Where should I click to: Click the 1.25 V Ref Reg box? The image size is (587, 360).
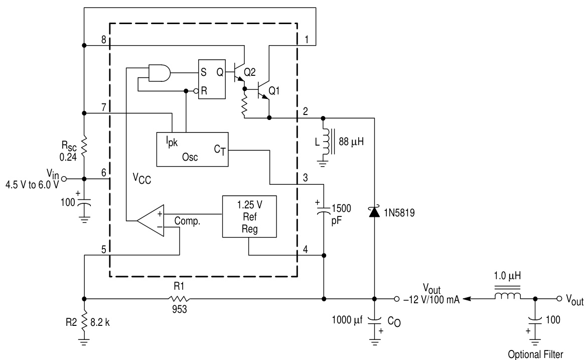tap(249, 216)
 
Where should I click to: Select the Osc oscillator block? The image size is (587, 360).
tap(192, 150)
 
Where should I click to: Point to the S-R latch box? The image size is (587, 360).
tap(214, 81)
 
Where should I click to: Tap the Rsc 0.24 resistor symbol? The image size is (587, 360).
tap(84, 146)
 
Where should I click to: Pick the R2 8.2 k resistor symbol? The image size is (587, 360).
tap(84, 320)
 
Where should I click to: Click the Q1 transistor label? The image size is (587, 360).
tap(275, 91)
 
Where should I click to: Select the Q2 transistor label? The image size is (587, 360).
tap(250, 71)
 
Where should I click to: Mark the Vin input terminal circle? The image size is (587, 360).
tap(64, 178)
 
